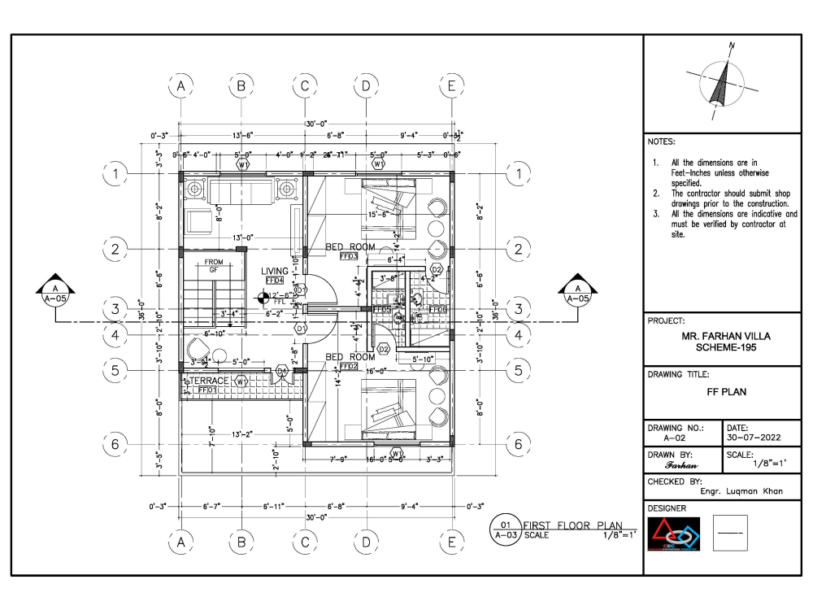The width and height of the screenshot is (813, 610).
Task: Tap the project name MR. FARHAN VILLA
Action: tap(726, 335)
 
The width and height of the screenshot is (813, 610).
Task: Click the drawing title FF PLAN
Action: tap(726, 391)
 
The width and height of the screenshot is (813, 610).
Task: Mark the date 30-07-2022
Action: tap(753, 437)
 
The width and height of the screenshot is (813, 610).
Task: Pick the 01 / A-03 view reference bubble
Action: tap(505, 530)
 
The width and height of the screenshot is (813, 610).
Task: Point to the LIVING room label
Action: tap(275, 271)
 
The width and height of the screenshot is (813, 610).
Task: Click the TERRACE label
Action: tap(210, 381)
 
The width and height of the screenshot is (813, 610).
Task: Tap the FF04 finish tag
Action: tap(275, 281)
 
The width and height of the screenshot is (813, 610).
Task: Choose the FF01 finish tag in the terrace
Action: tap(207, 390)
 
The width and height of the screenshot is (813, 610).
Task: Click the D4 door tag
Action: tap(281, 371)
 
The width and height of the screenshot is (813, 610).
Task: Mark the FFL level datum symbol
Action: tap(262, 298)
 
